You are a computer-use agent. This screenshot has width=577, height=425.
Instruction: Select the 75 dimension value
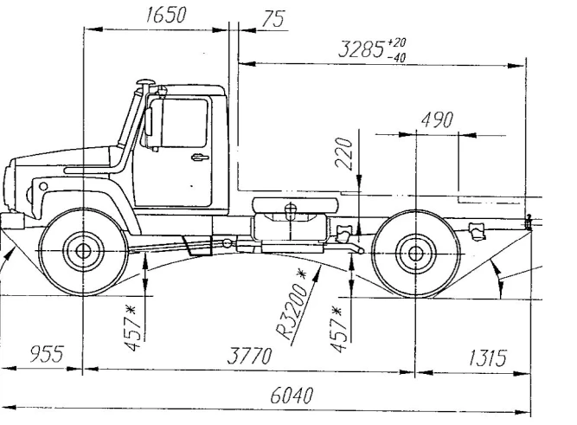(274, 20)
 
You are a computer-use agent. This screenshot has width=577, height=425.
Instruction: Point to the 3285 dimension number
(361, 49)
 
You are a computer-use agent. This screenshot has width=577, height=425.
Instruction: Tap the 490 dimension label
(436, 120)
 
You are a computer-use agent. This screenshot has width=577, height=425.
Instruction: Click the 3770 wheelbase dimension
(249, 357)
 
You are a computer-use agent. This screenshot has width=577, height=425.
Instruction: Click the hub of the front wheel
(84, 252)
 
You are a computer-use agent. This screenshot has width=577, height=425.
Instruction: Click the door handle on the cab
(200, 157)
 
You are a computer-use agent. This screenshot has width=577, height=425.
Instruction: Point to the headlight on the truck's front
(40, 189)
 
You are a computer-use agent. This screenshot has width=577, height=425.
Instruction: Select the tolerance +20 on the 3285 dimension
(398, 42)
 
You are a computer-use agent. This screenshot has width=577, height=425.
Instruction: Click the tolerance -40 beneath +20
(398, 56)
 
